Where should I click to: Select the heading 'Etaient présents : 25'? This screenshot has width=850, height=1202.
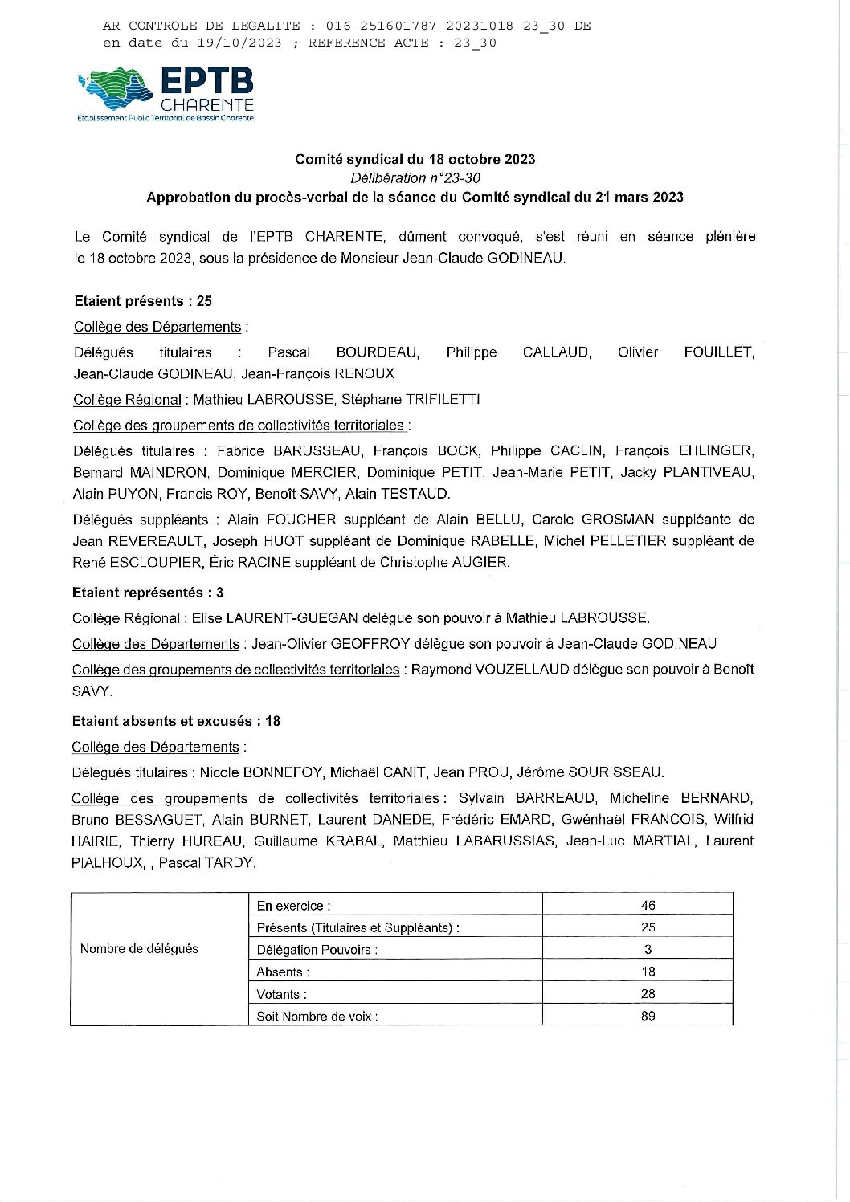[x=143, y=301]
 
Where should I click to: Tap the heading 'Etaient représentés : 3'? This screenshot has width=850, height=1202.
[x=148, y=593]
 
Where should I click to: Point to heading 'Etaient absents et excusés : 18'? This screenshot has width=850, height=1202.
[x=176, y=721]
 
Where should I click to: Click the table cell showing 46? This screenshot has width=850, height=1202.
[x=648, y=905]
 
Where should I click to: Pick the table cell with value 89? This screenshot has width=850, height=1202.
[x=648, y=1016]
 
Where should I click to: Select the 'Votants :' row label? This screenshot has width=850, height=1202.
[x=282, y=994]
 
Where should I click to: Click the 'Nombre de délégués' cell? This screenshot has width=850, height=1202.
[x=139, y=949]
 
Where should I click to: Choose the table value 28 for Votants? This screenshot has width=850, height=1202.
[x=648, y=994]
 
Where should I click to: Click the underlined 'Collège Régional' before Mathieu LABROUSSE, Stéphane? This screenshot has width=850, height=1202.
[x=127, y=400]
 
